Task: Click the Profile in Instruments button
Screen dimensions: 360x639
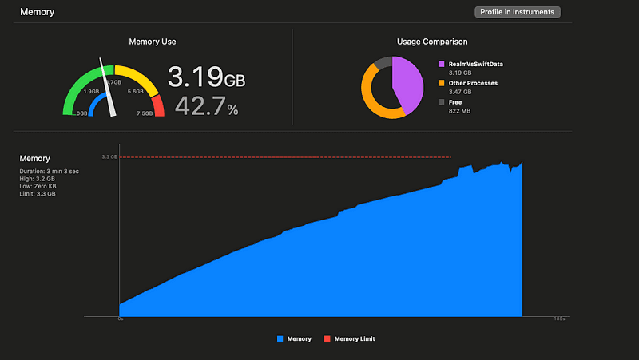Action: (518, 12)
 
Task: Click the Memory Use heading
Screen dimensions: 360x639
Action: (153, 42)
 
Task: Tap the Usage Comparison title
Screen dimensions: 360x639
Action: (432, 42)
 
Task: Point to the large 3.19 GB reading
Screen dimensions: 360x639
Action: (205, 78)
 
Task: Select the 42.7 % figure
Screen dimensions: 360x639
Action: (206, 106)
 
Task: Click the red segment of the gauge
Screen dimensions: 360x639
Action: (157, 105)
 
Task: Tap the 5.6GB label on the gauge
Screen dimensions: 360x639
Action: (135, 92)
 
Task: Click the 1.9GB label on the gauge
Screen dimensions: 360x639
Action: (92, 92)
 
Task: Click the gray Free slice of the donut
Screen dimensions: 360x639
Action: (383, 62)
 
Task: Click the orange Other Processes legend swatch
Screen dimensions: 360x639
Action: (441, 82)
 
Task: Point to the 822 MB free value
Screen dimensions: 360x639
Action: (460, 112)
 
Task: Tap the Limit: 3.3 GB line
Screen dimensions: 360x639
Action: (38, 194)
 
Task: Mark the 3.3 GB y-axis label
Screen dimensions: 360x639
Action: (110, 157)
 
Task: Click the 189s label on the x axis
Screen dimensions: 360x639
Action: (559, 319)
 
